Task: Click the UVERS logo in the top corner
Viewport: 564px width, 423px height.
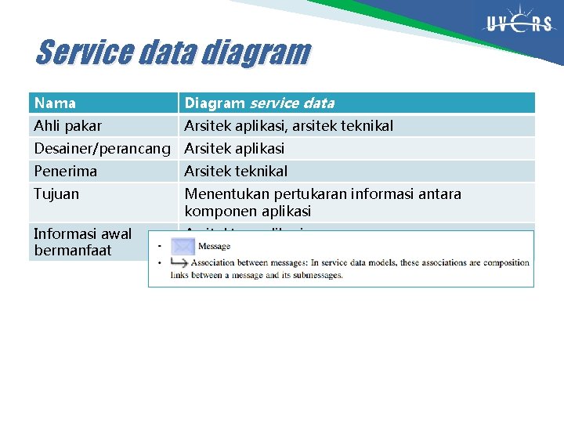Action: (519, 24)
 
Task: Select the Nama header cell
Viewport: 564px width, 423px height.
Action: (55, 103)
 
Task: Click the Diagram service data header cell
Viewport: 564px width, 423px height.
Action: (259, 103)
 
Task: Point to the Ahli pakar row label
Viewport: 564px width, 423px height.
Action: (67, 125)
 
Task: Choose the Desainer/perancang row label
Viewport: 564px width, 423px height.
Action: (102, 148)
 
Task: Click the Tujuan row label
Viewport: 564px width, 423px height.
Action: (56, 193)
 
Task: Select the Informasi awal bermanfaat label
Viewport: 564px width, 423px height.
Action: (82, 242)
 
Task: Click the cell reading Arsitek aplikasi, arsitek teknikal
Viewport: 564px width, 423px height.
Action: (288, 125)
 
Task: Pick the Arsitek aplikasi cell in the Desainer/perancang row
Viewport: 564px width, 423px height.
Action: (234, 148)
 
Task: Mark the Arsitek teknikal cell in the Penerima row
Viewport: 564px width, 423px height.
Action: (236, 171)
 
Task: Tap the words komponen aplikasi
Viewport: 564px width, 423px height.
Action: (248, 211)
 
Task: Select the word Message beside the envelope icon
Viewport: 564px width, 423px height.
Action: (214, 247)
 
